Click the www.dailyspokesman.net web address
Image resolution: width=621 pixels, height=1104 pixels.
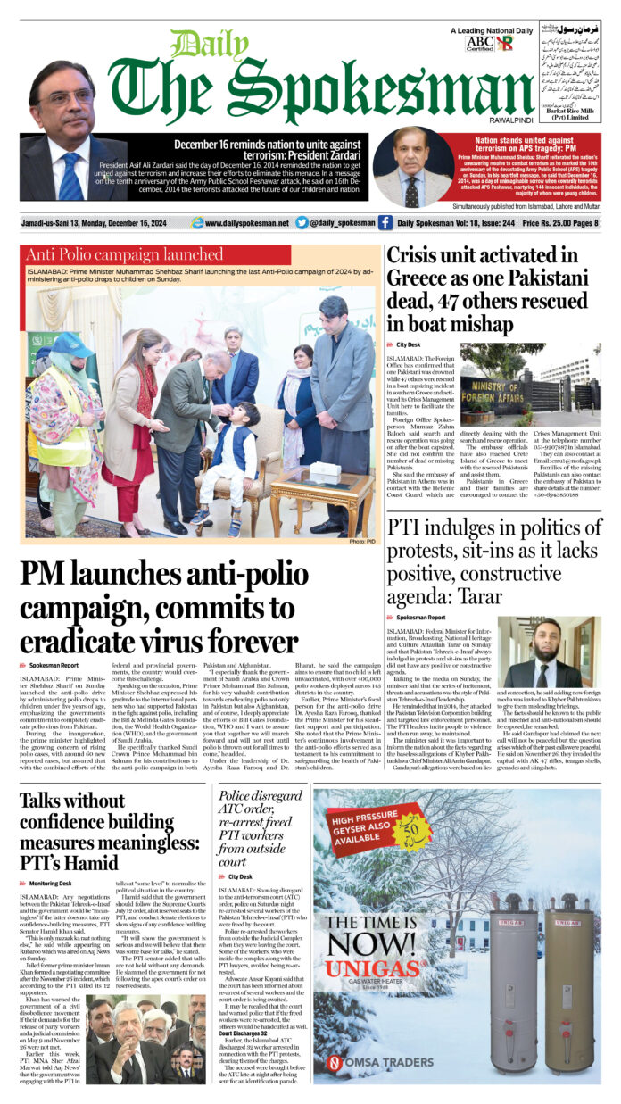point(240,223)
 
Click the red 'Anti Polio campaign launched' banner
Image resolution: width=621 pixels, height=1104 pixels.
point(124,254)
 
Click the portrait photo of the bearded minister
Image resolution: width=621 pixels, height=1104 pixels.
point(548,652)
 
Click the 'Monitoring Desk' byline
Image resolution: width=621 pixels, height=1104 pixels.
point(50,883)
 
